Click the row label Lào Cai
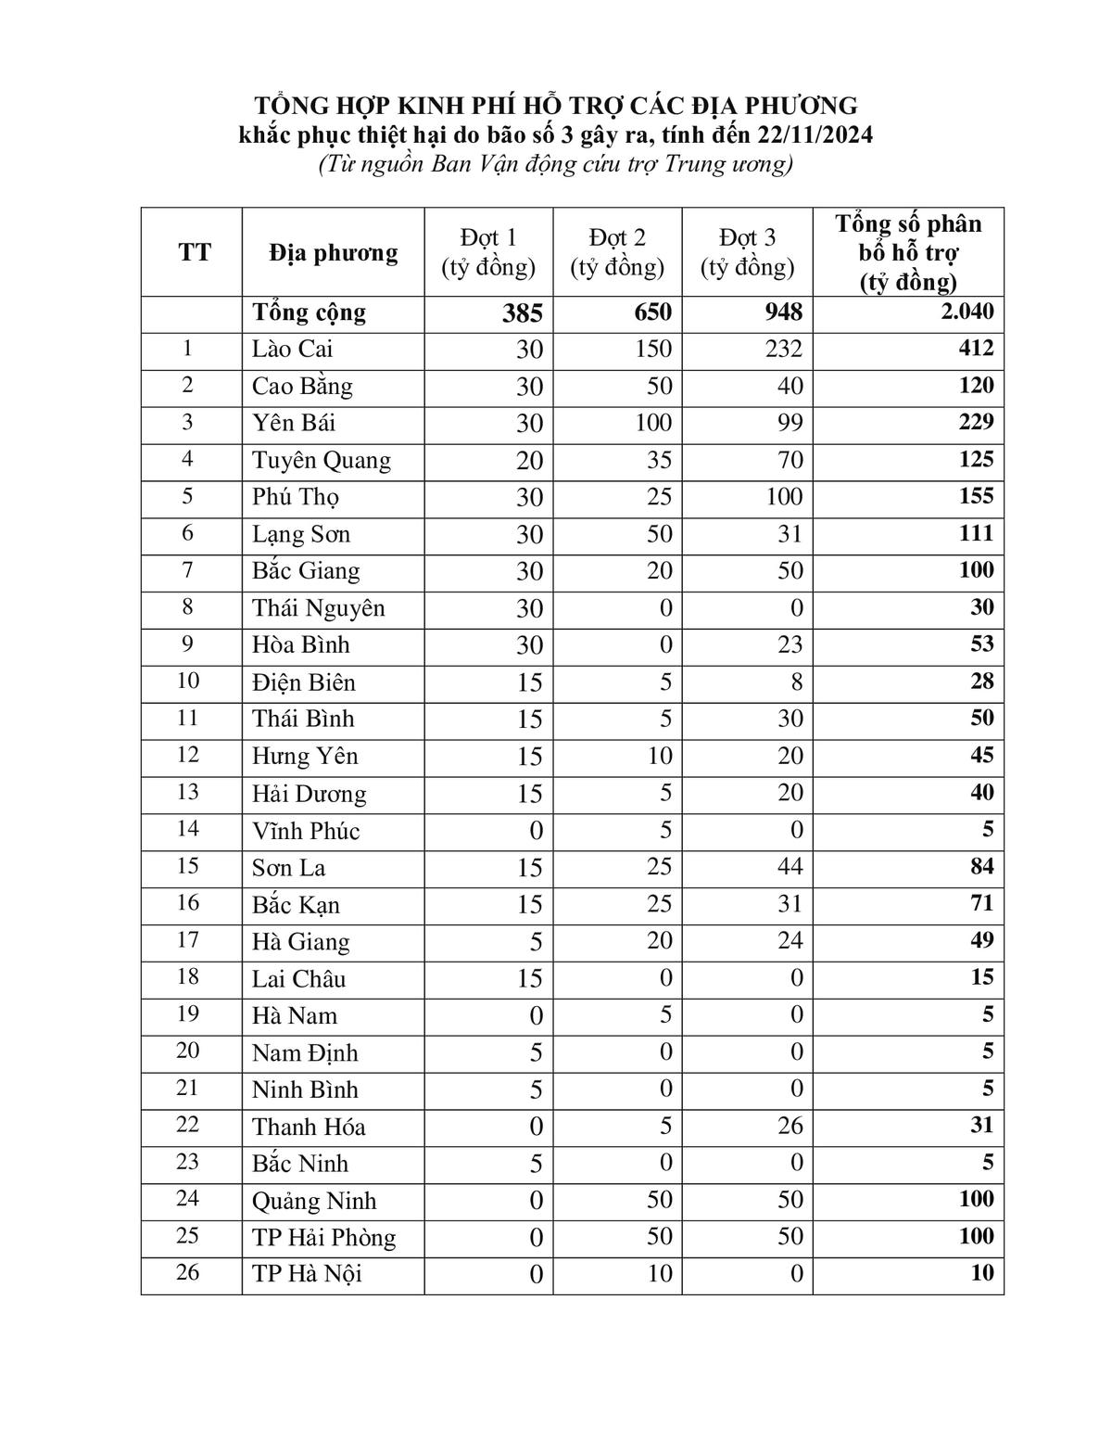pyautogui.click(x=292, y=350)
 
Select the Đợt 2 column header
pyautogui.click(x=617, y=252)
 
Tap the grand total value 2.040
pyautogui.click(x=967, y=312)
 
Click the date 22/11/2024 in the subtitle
pyautogui.click(x=815, y=135)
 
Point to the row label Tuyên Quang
pyautogui.click(x=321, y=461)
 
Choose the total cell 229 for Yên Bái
pyautogui.click(x=976, y=423)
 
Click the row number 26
pyautogui.click(x=187, y=1272)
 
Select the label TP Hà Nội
pyautogui.click(x=307, y=1274)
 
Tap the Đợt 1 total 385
pyautogui.click(x=523, y=313)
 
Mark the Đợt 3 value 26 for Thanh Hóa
pyautogui.click(x=790, y=1126)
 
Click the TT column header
pyautogui.click(x=194, y=252)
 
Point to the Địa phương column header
pyautogui.click(x=334, y=252)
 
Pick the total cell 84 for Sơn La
pyautogui.click(x=981, y=867)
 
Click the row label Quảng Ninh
pyautogui.click(x=314, y=1201)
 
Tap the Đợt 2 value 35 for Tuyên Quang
pyautogui.click(x=660, y=460)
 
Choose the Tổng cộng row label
pyautogui.click(x=309, y=313)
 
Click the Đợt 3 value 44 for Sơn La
pyautogui.click(x=790, y=867)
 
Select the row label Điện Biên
pyautogui.click(x=303, y=682)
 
